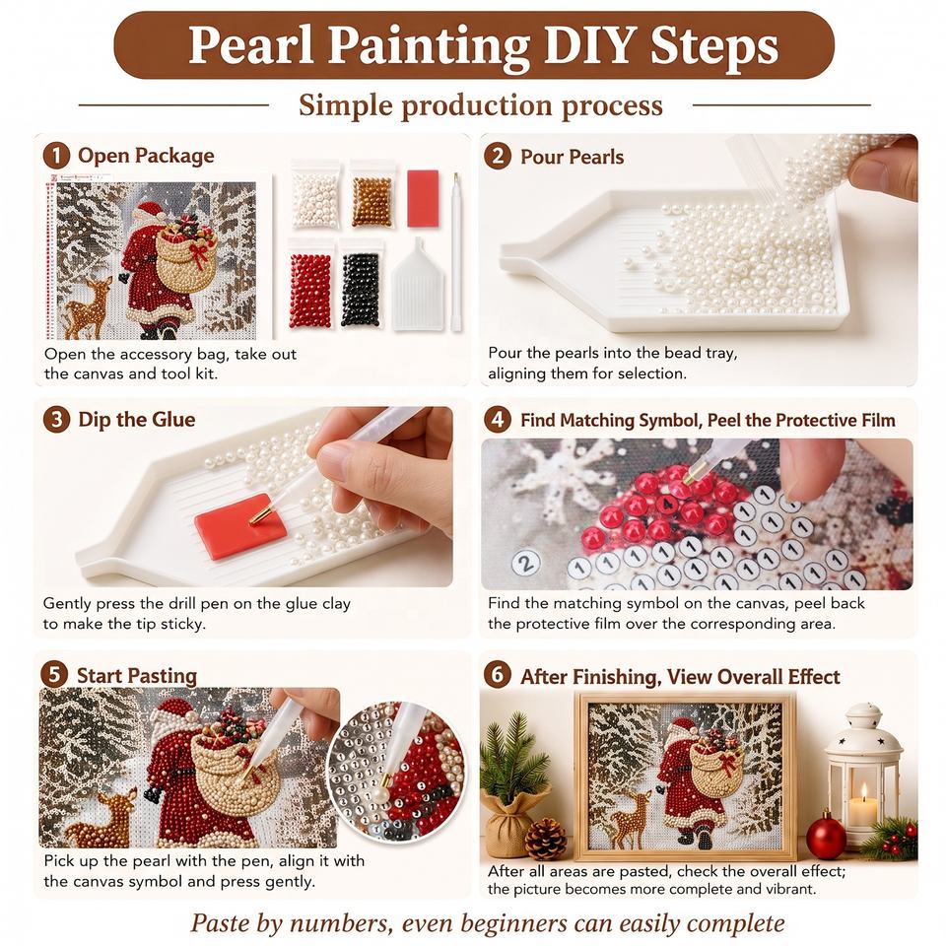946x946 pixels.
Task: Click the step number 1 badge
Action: pos(56,156)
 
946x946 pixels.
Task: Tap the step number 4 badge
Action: pos(498,420)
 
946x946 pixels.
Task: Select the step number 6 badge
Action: pos(497,674)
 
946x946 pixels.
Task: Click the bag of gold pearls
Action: pos(372,195)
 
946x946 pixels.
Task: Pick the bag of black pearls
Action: pos(361,284)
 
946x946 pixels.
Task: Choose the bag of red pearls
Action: pos(310,284)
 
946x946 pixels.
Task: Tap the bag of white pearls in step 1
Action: pos(315,195)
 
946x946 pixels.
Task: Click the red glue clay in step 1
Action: pos(423,198)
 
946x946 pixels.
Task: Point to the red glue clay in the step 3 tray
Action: pos(240,526)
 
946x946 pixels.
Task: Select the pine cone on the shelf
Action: pos(545,838)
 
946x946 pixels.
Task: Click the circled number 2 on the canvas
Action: pos(525,563)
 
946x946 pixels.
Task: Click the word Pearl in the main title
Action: pos(251,44)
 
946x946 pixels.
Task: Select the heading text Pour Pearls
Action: pos(572,157)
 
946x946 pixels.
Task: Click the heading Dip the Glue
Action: pos(136,420)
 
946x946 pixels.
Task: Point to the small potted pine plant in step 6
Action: pos(509,783)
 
